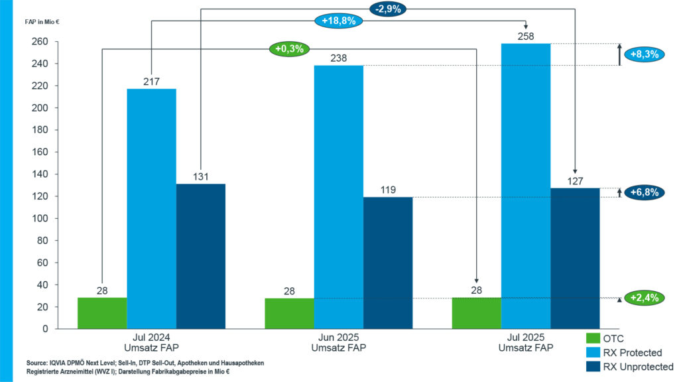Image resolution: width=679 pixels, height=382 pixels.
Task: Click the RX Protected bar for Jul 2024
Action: [x=152, y=208]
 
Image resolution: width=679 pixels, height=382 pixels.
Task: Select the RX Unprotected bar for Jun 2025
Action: [x=388, y=263]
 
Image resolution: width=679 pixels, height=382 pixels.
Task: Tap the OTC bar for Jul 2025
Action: [x=477, y=313]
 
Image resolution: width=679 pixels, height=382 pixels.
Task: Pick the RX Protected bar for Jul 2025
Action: [x=526, y=186]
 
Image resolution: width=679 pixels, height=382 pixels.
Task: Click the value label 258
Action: [x=526, y=35]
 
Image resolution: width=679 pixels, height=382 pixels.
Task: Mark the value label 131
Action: [x=201, y=176]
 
